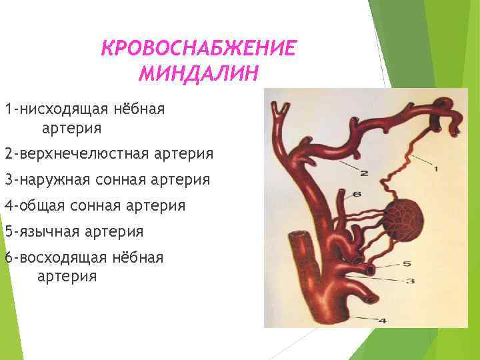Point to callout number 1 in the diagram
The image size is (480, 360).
436,169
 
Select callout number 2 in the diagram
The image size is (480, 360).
364,173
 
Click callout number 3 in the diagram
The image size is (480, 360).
410,281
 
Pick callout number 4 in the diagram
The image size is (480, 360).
382,321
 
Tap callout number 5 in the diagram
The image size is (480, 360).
406,263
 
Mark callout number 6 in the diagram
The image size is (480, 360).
357,194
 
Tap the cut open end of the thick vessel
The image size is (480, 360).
297,237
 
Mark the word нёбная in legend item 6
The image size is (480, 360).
140,257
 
